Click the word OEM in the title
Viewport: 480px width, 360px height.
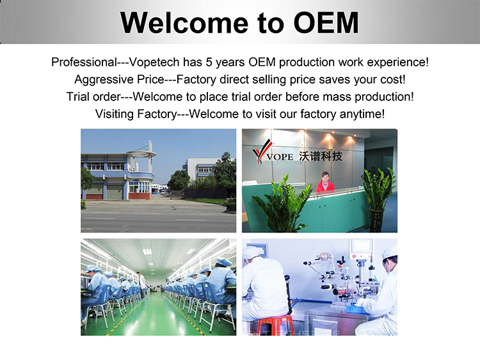tap(326, 22)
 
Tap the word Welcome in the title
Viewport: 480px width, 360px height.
tap(184, 22)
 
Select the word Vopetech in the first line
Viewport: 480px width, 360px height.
tap(154, 63)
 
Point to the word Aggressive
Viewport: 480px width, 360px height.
tap(104, 80)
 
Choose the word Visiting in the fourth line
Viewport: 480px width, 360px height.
tap(115, 114)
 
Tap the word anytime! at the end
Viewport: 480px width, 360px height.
tap(362, 114)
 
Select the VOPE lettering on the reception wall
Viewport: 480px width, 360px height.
tap(280, 157)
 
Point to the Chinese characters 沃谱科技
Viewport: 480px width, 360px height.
tap(321, 156)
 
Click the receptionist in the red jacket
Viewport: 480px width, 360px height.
tap(324, 182)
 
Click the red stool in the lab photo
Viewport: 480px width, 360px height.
tap(273, 325)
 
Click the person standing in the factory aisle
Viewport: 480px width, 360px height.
tap(141, 285)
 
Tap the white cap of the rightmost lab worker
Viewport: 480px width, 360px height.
tap(389, 253)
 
